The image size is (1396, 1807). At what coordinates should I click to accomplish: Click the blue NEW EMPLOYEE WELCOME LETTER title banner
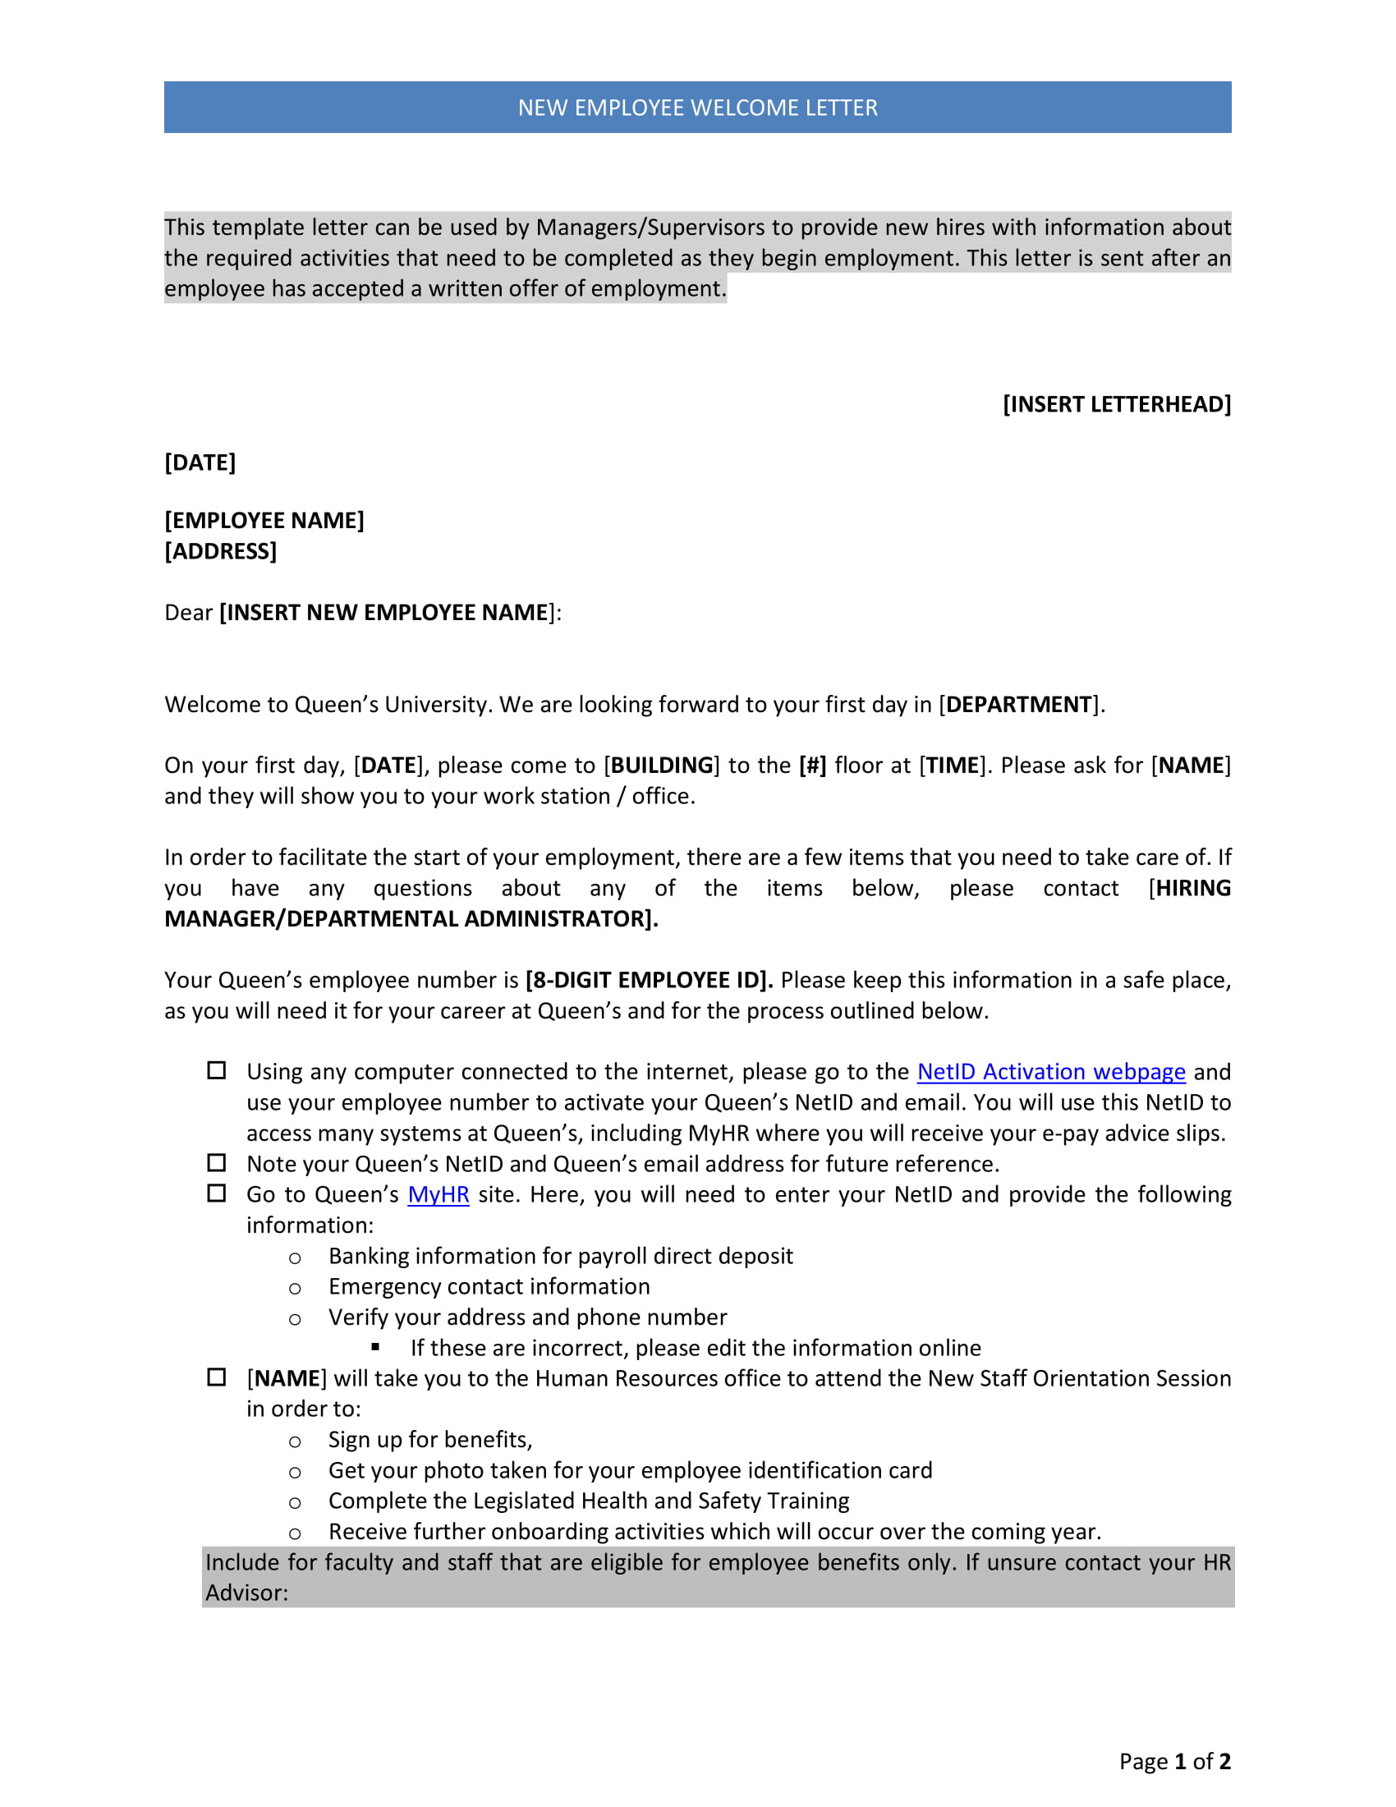[697, 108]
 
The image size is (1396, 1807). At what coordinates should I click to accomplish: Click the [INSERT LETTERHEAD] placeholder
[1117, 404]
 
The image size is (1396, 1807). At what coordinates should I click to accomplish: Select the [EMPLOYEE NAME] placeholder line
[264, 520]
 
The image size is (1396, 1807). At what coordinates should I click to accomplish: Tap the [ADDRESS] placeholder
[220, 551]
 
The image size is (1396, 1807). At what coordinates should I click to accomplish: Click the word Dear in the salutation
[189, 612]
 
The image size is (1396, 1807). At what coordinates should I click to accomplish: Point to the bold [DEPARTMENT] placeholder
[1018, 704]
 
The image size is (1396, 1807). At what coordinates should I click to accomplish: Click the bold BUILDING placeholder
[662, 765]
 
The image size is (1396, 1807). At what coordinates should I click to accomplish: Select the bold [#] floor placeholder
[812, 765]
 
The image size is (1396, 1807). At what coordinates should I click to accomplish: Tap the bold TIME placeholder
[953, 765]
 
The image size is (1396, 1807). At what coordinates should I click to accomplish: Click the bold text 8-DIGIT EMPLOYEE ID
[649, 980]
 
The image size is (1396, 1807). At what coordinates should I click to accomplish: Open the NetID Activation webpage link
[1050, 1071]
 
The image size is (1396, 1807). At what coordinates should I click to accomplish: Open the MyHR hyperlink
[439, 1194]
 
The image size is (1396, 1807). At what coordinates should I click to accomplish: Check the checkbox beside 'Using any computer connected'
[217, 1070]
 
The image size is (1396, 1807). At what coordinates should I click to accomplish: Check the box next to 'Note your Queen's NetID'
[217, 1162]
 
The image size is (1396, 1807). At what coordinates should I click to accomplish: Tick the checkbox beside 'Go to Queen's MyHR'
[217, 1193]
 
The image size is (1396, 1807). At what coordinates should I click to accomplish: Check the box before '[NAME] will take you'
[217, 1377]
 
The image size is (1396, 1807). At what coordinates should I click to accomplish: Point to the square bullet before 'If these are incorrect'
[375, 1347]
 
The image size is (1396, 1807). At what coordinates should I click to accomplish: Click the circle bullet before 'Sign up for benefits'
[295, 1442]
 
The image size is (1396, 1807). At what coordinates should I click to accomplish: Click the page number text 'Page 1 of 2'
[1174, 1761]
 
